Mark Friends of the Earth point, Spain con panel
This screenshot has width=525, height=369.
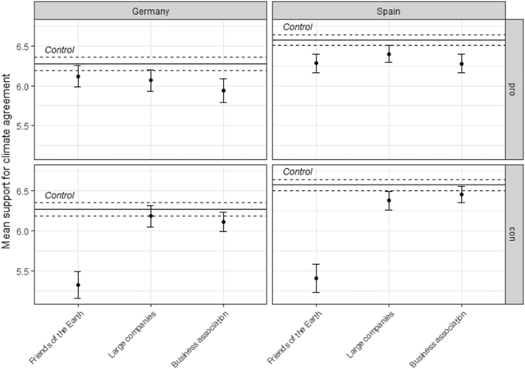[316, 278]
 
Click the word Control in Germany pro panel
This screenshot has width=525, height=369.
[59, 50]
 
